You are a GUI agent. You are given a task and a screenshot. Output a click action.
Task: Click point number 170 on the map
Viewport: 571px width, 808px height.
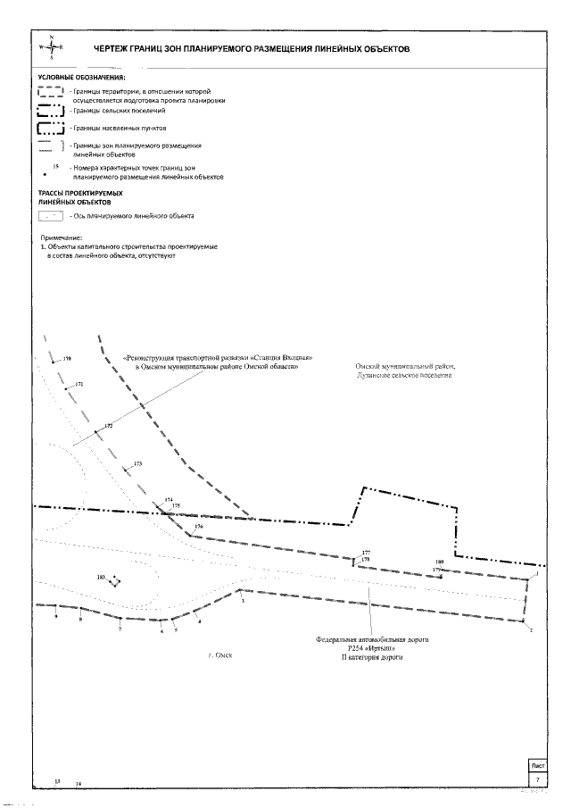coord(66,359)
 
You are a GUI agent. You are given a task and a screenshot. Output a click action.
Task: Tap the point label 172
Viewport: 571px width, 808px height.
coord(109,426)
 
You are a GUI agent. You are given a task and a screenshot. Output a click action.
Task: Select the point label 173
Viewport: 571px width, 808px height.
coord(137,463)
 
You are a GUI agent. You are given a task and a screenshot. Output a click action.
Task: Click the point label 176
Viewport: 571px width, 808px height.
coord(199,526)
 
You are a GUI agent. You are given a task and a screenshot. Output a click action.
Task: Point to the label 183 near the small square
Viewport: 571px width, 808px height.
coord(102,578)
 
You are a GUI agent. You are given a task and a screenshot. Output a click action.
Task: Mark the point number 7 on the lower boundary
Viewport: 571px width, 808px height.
coord(120,629)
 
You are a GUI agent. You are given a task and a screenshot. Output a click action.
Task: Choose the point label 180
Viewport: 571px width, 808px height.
coord(439,562)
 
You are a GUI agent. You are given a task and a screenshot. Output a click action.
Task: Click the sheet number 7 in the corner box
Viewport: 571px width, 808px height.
coord(538,779)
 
